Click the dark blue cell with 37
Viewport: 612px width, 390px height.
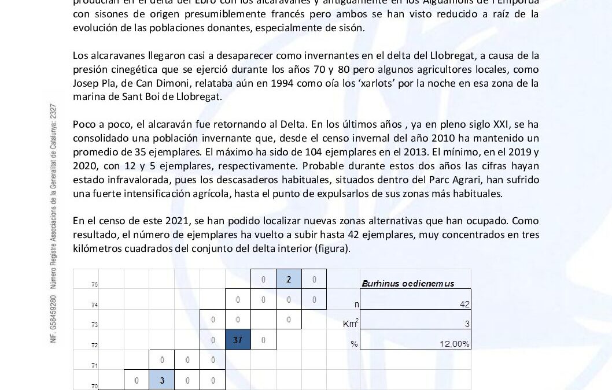(x=238, y=340)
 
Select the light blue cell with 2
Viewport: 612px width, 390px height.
(x=289, y=280)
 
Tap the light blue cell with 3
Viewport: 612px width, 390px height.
(x=163, y=380)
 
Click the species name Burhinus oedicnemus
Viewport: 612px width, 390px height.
(x=407, y=284)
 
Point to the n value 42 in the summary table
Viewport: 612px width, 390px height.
(x=464, y=304)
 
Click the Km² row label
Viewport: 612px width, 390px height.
(x=351, y=324)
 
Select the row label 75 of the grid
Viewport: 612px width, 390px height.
(x=94, y=285)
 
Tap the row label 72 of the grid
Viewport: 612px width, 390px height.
(x=94, y=345)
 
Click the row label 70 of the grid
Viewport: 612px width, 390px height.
(x=94, y=385)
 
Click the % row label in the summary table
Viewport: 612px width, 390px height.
(x=353, y=344)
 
